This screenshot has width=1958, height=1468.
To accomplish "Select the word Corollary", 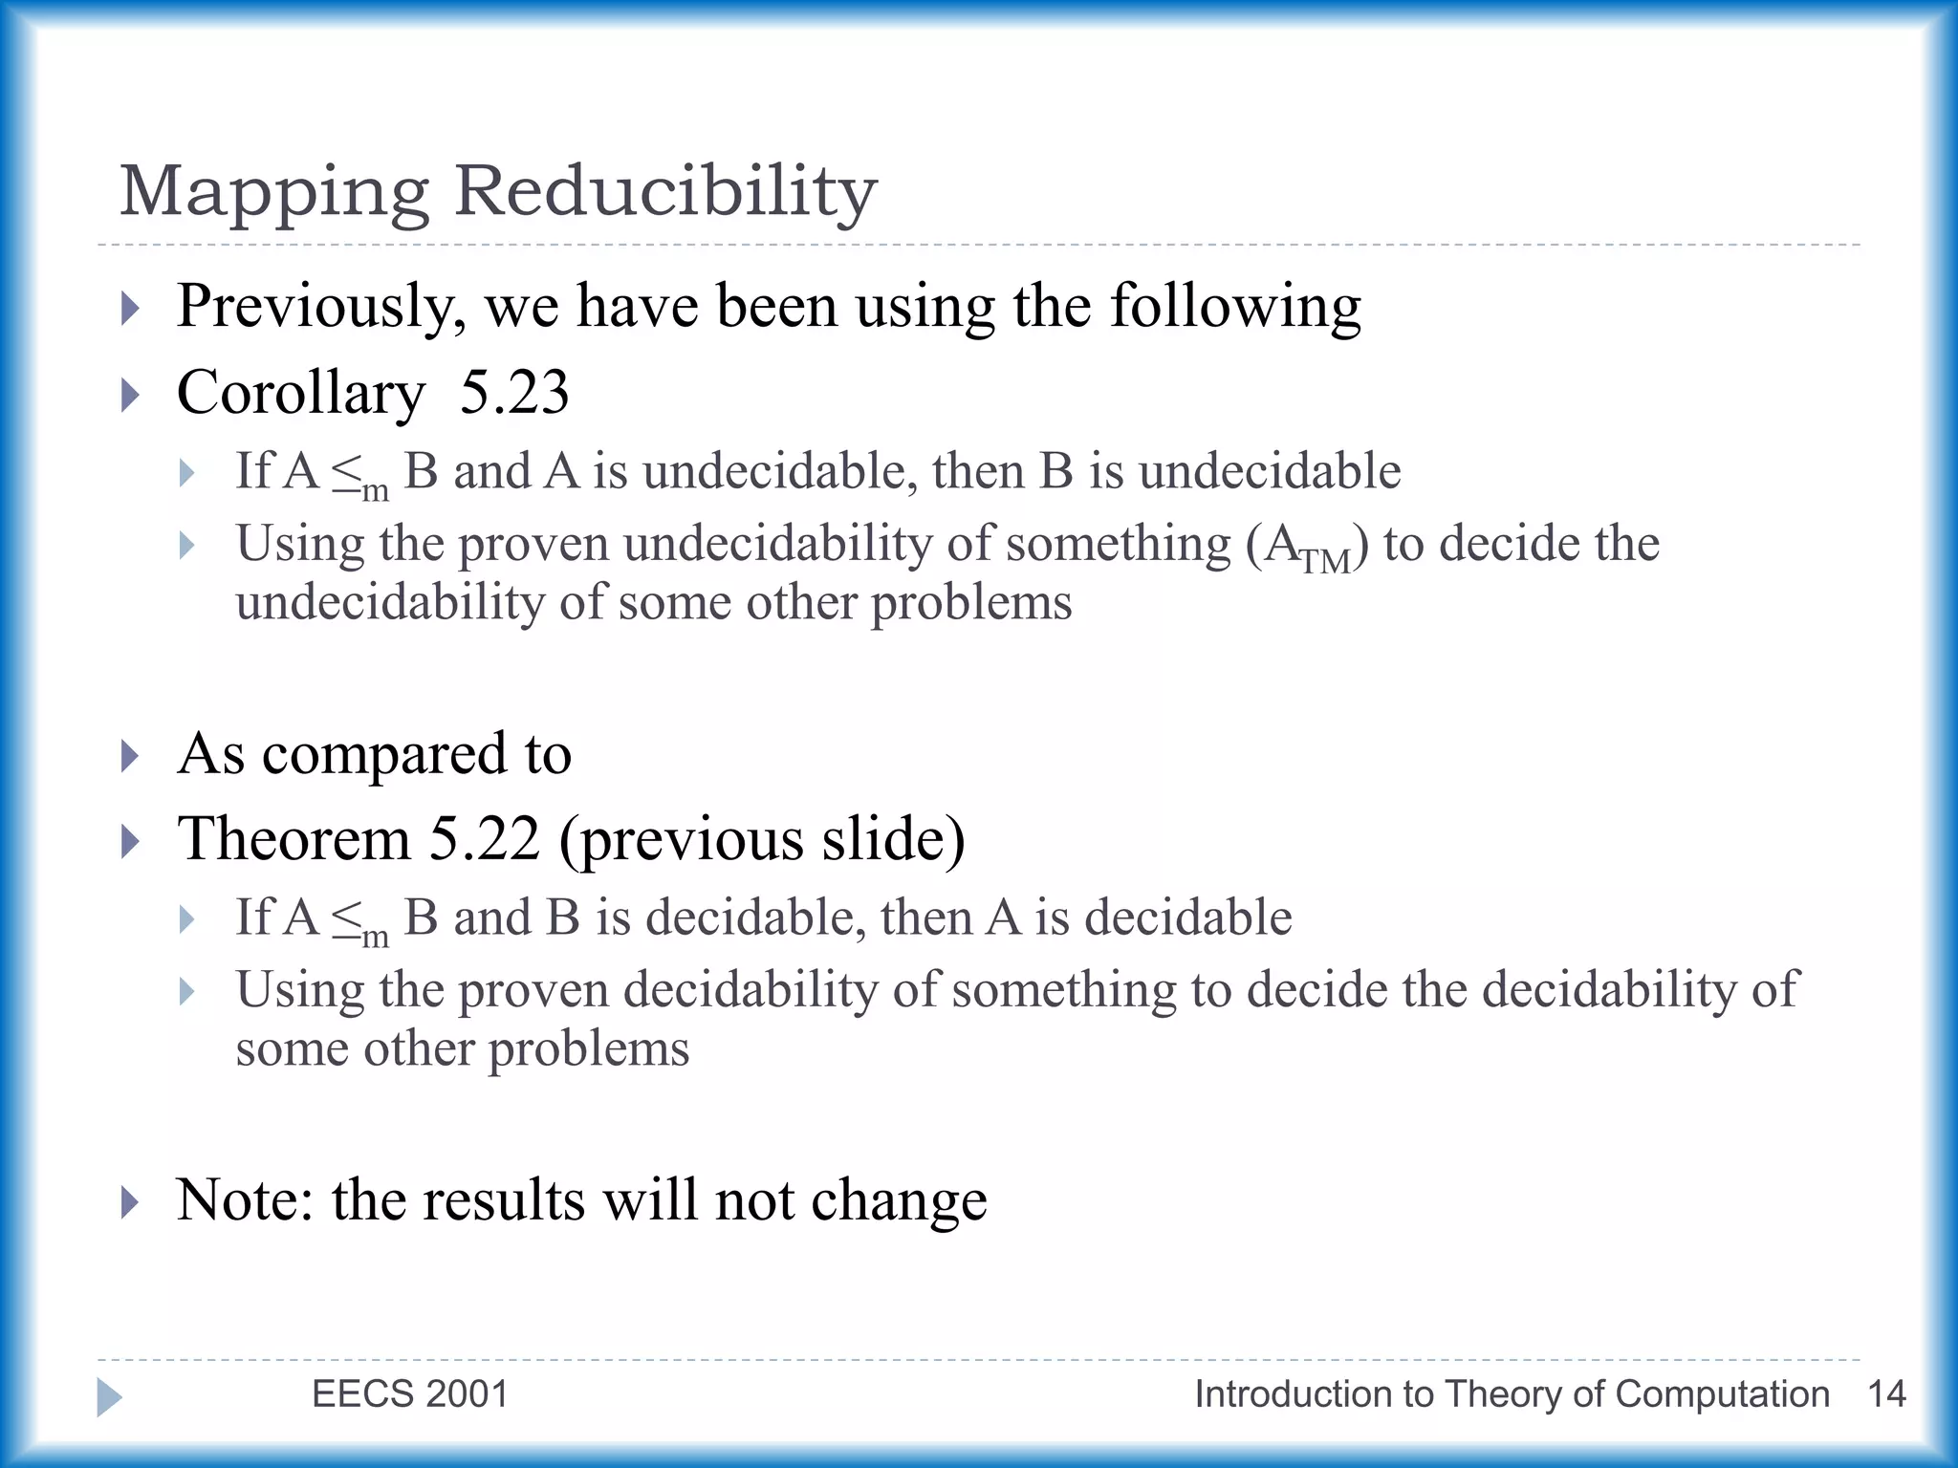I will click(x=301, y=394).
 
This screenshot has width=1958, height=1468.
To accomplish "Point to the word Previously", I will click(x=321, y=308).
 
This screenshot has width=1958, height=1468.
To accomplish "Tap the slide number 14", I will click(x=1886, y=1394).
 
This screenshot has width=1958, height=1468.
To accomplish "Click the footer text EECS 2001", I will click(x=410, y=1394).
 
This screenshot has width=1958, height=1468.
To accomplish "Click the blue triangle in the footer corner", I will click(x=109, y=1397).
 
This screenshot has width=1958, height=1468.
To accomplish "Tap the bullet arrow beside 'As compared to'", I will click(x=131, y=755).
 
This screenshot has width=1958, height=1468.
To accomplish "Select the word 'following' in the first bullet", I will click(x=1235, y=308).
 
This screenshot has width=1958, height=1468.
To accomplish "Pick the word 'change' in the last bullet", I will click(x=899, y=1201).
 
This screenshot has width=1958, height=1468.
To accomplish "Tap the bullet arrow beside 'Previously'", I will click(x=131, y=309).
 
